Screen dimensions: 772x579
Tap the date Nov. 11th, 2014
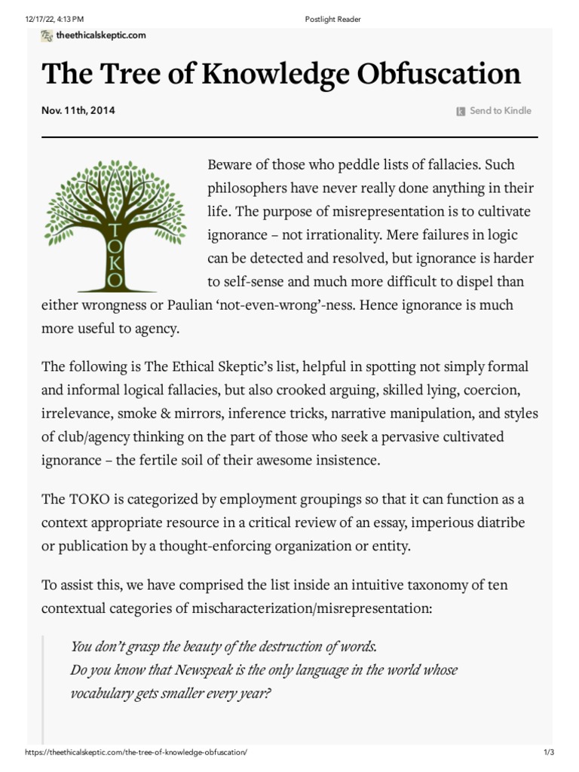point(78,111)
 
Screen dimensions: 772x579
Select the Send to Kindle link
point(500,111)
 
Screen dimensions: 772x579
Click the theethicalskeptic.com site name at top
point(100,35)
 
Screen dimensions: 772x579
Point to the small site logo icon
point(47,35)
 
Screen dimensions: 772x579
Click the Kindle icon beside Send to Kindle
point(461,112)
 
